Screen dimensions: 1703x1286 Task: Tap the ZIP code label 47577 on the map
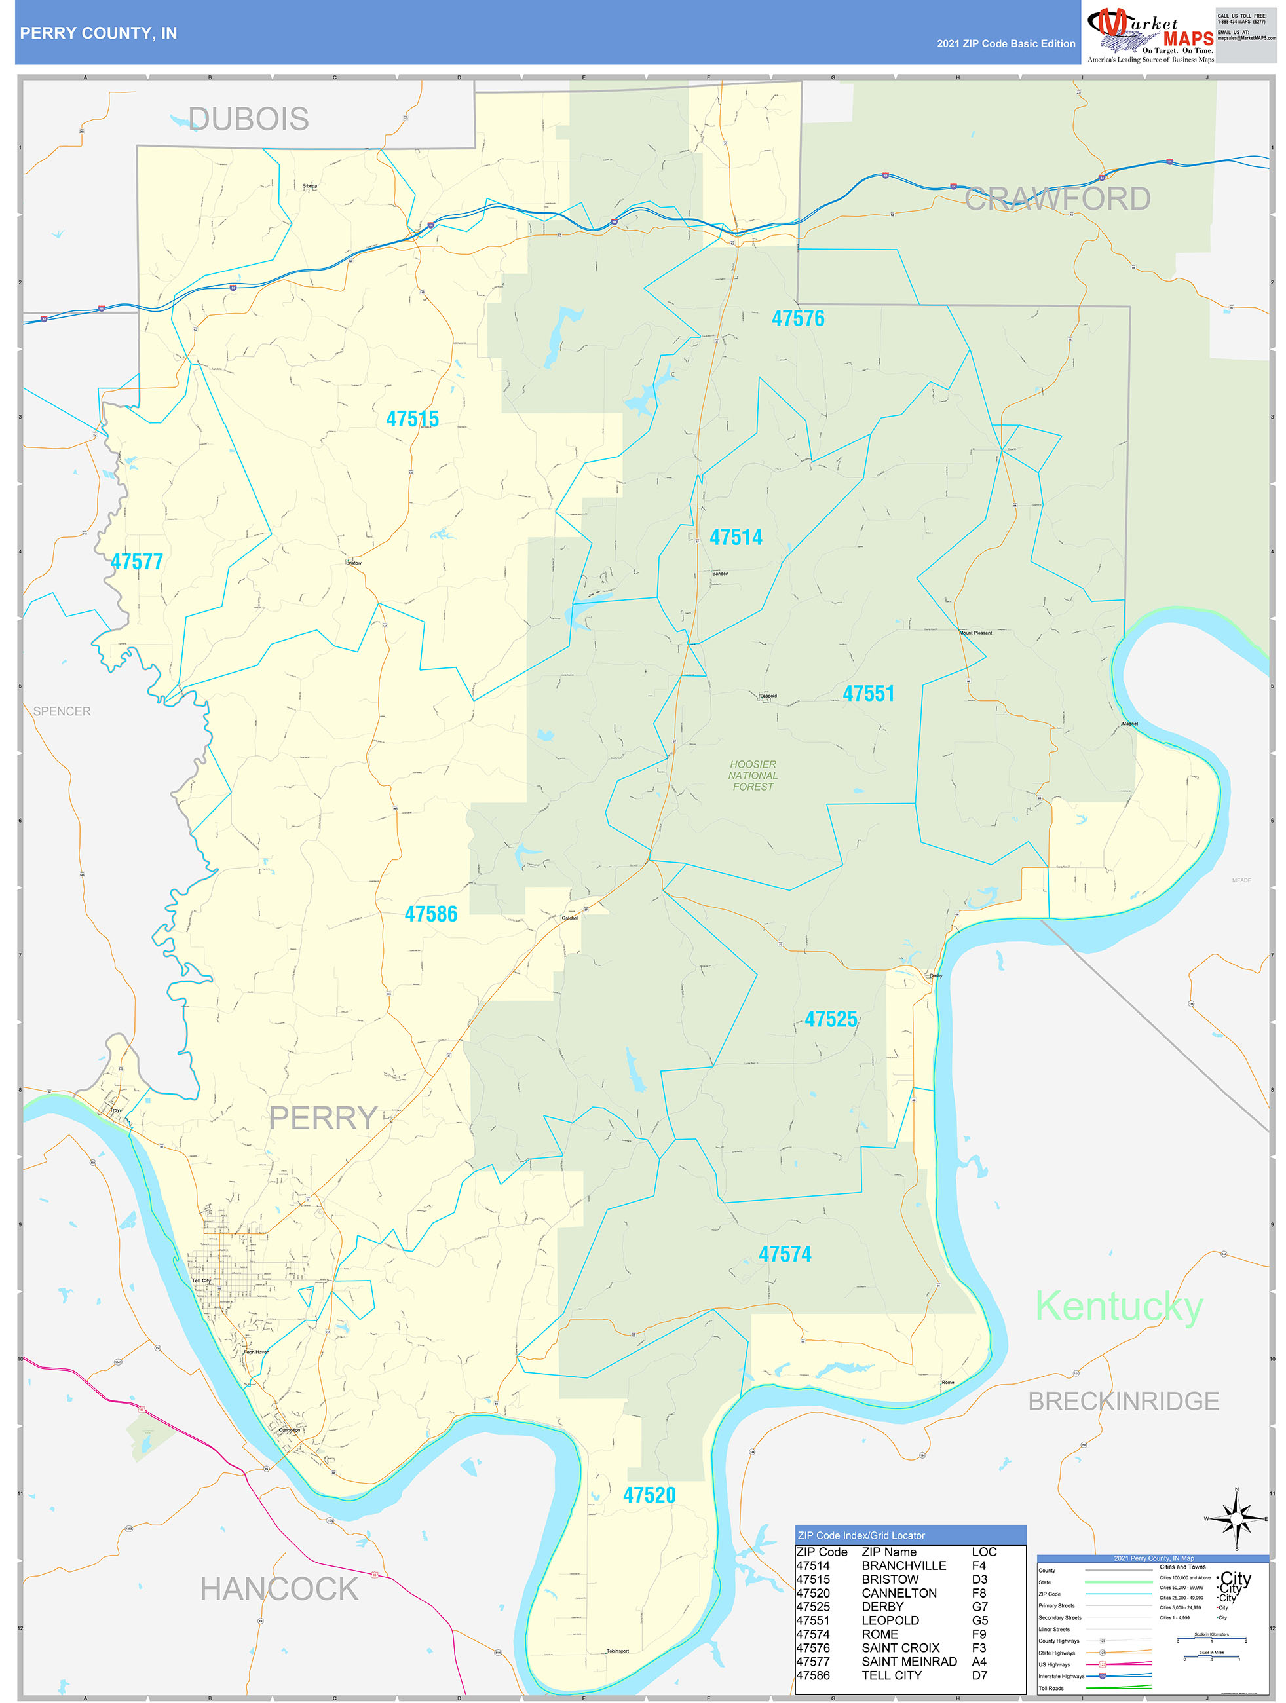pyautogui.click(x=136, y=561)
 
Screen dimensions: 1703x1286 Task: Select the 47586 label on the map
pyautogui.click(x=430, y=914)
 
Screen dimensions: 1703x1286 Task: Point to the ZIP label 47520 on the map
pyautogui.click(x=649, y=1495)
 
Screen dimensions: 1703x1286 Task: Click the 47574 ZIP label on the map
pyautogui.click(x=785, y=1254)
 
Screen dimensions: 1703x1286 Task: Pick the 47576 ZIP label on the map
pyautogui.click(x=798, y=318)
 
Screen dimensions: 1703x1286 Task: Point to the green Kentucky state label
pyautogui.click(x=1118, y=1307)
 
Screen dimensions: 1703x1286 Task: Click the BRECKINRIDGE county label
pyautogui.click(x=1123, y=1401)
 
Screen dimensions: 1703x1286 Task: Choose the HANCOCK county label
pyautogui.click(x=279, y=1589)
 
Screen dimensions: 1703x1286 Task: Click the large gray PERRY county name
pyautogui.click(x=323, y=1118)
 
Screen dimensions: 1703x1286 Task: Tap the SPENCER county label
pyautogui.click(x=62, y=711)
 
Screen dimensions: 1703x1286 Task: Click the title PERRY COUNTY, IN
pyautogui.click(x=98, y=33)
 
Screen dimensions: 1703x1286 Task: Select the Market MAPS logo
pyautogui.click(x=1150, y=32)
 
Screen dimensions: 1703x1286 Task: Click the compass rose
pyautogui.click(x=1237, y=1519)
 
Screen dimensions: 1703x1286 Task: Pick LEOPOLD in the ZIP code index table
pyautogui.click(x=890, y=1620)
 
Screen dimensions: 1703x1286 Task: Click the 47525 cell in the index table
pyautogui.click(x=813, y=1607)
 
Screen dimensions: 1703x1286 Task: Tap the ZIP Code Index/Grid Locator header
pyautogui.click(x=861, y=1535)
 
